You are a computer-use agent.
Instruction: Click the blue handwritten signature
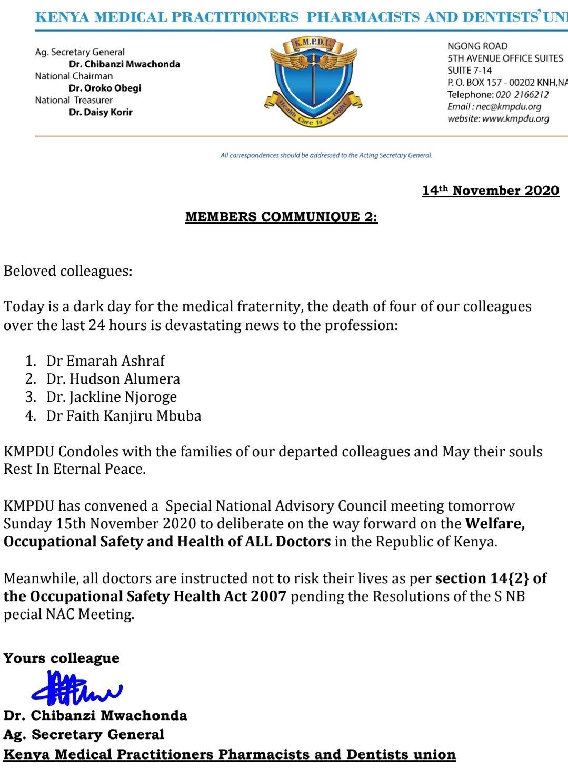tap(76, 688)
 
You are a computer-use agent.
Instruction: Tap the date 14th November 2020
tap(490, 191)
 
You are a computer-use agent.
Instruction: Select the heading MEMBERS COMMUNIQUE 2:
tap(281, 217)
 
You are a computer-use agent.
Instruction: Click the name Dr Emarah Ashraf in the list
tap(105, 361)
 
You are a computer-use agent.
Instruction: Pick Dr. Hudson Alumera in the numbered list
tap(113, 379)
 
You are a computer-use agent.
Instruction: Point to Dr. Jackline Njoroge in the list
tap(111, 397)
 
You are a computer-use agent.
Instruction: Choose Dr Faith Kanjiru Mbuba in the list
tap(124, 416)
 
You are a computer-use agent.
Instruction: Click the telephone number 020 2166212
tap(522, 95)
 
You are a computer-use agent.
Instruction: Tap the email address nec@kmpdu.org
tap(509, 107)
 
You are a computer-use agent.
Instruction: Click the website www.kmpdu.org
tap(515, 119)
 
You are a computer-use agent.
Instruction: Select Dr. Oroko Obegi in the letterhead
tap(105, 88)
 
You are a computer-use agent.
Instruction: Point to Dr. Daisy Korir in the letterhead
tap(101, 112)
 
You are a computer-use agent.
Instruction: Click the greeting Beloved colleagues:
tap(68, 272)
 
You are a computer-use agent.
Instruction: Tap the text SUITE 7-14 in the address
tap(470, 71)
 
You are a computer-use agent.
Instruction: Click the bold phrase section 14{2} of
tap(491, 578)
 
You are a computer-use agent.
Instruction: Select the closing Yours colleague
tap(61, 658)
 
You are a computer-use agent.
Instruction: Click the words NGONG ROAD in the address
tap(477, 46)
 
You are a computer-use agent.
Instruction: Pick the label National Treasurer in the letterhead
tap(74, 100)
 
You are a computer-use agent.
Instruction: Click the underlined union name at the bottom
tap(229, 755)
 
